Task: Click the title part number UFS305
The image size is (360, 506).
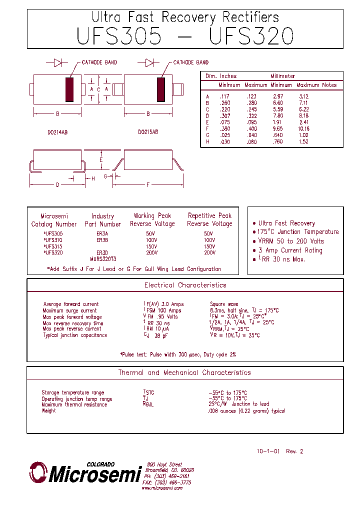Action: (119, 36)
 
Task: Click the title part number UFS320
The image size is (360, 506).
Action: (251, 36)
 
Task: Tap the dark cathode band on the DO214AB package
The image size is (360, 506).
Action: (69, 89)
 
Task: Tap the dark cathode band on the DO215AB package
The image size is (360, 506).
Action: (161, 89)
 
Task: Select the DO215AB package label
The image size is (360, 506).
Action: (148, 132)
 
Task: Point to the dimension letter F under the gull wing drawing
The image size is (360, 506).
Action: (147, 185)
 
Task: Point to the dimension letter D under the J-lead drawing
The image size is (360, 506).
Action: (57, 185)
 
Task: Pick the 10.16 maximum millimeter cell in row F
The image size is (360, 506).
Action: (304, 128)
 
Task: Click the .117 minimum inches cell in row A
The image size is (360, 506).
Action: (223, 96)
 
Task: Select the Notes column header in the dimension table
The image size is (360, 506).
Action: (329, 85)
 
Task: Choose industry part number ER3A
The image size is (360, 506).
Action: (102, 233)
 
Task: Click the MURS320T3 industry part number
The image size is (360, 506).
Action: (103, 259)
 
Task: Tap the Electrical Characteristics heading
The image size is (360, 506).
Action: (185, 285)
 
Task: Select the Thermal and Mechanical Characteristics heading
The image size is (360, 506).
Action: (184, 373)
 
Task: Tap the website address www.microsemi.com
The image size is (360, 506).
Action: (162, 487)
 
